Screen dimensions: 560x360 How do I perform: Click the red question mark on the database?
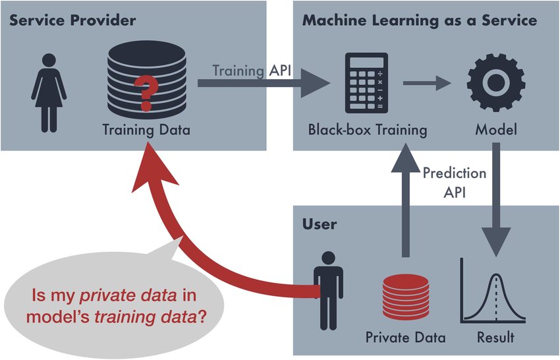pyautogui.click(x=146, y=94)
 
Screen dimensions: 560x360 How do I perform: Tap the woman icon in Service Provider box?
pyautogui.click(x=49, y=93)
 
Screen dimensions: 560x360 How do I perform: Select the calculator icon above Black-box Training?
pyautogui.click(x=366, y=82)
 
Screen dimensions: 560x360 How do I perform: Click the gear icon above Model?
pyautogui.click(x=495, y=82)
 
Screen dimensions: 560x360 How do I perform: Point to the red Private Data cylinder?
pyautogui.click(x=405, y=297)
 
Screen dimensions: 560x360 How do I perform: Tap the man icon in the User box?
pyautogui.click(x=328, y=290)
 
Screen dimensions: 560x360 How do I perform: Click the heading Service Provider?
pyautogui.click(x=72, y=20)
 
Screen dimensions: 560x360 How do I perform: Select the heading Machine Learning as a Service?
pyautogui.click(x=420, y=20)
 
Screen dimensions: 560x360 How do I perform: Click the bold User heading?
pyautogui.click(x=320, y=224)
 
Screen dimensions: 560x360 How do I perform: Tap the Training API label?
pyautogui.click(x=252, y=71)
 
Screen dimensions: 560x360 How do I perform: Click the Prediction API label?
pyautogui.click(x=455, y=183)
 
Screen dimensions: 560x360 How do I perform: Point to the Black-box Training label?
pyautogui.click(x=368, y=129)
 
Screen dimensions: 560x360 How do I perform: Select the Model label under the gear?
pyautogui.click(x=495, y=129)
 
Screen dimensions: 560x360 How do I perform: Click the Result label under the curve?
pyautogui.click(x=495, y=337)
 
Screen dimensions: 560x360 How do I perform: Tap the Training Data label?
pyautogui.click(x=146, y=129)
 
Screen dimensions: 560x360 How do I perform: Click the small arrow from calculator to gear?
pyautogui.click(x=427, y=83)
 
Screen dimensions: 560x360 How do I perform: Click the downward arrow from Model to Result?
pyautogui.click(x=496, y=200)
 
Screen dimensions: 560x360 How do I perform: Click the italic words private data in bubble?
pyautogui.click(x=128, y=295)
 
